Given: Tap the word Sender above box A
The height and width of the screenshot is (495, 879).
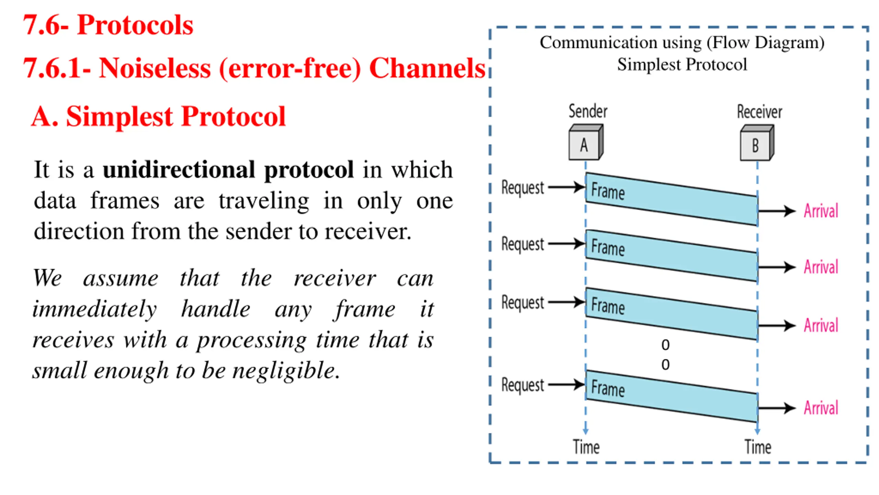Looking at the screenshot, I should pyautogui.click(x=588, y=111).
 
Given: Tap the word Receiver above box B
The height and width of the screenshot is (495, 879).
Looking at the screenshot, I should pyautogui.click(x=760, y=112).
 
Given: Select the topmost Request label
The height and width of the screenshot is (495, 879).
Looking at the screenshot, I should pyautogui.click(x=523, y=188).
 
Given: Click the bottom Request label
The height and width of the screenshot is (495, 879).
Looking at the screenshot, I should pyautogui.click(x=523, y=385).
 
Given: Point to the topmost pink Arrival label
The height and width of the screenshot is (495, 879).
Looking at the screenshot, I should pyautogui.click(x=821, y=211).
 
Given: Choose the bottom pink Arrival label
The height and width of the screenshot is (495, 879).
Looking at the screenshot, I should pyautogui.click(x=821, y=408).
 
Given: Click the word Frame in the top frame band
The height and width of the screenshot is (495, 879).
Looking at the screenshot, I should pyautogui.click(x=608, y=191).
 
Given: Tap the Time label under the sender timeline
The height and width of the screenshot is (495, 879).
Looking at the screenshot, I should pyautogui.click(x=586, y=447).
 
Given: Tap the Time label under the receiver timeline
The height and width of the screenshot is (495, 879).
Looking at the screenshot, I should pyautogui.click(x=758, y=447).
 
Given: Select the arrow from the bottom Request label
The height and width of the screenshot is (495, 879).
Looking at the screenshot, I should pyautogui.click(x=567, y=385).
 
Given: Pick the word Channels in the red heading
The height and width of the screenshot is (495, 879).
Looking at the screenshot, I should pyautogui.click(x=427, y=68).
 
